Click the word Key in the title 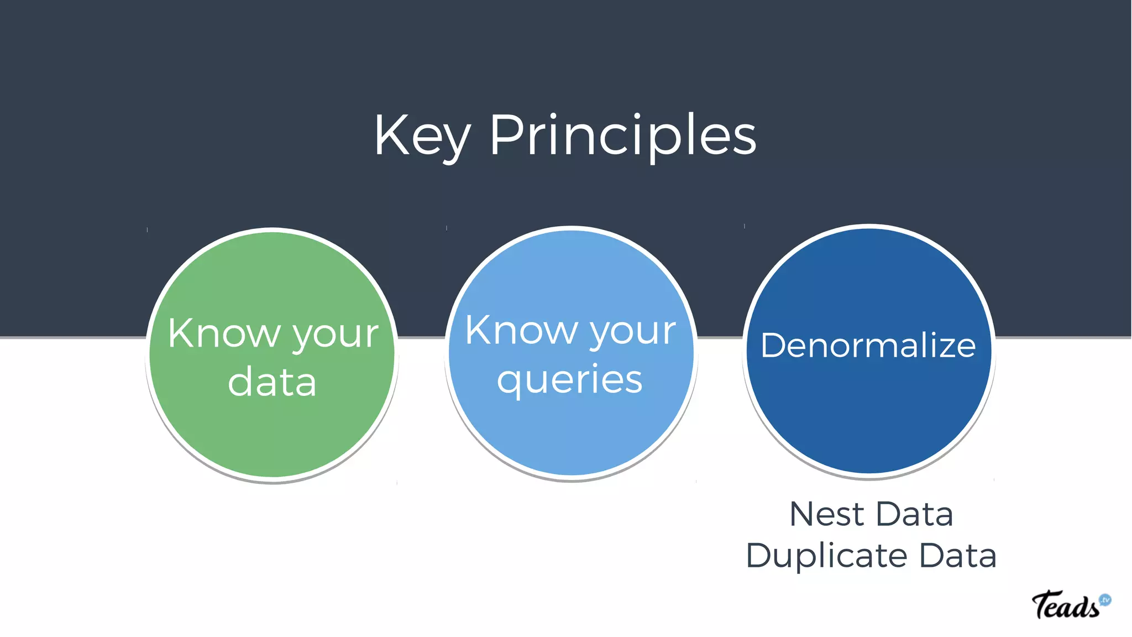[422, 137]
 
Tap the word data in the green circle [272, 382]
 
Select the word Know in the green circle [224, 333]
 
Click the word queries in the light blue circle [570, 380]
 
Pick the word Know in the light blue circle [521, 330]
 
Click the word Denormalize [868, 346]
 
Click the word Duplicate [826, 556]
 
